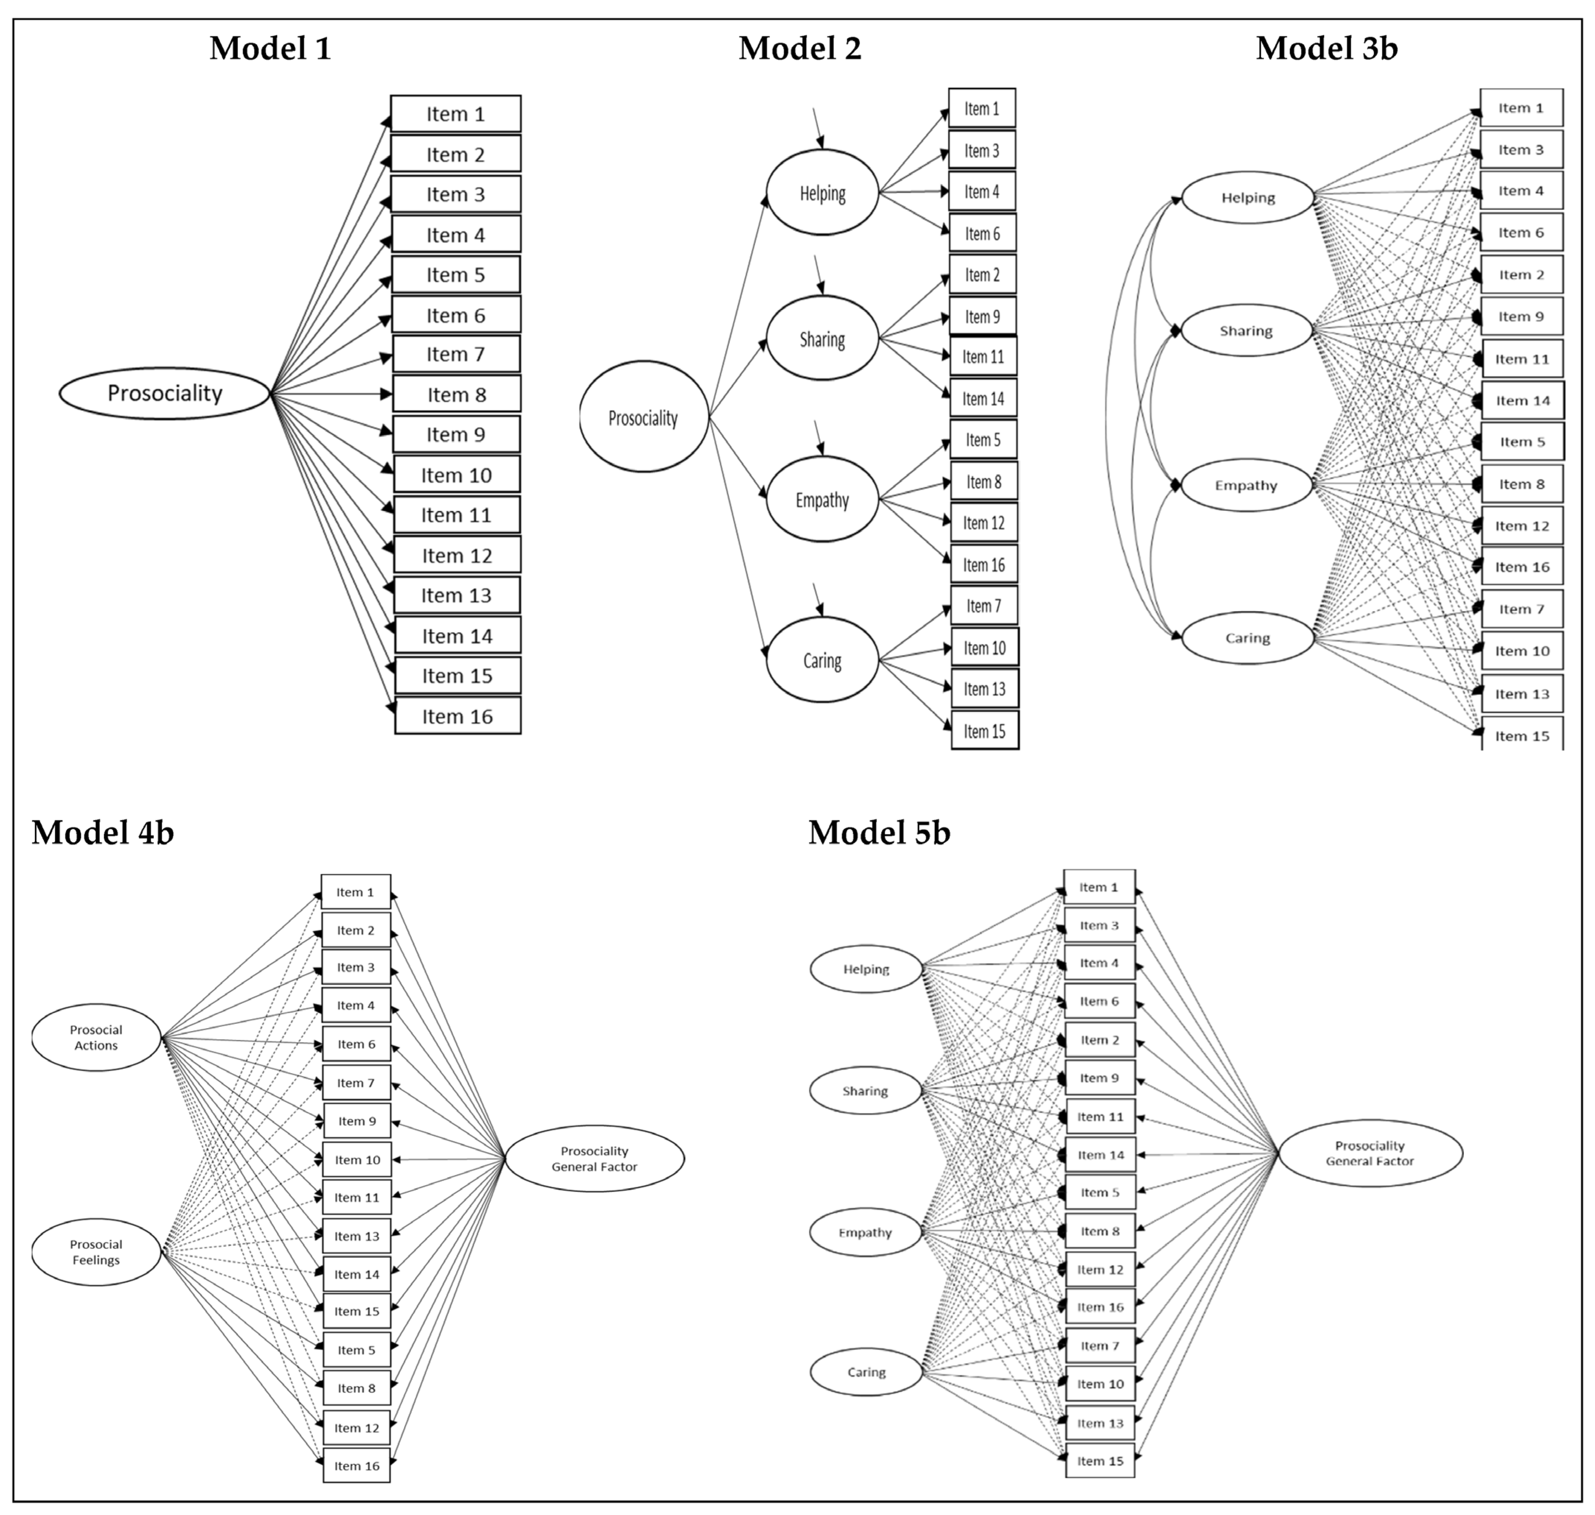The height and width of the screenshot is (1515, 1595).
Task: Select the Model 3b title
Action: pos(1326,48)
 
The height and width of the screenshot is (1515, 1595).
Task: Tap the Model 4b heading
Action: pos(103,833)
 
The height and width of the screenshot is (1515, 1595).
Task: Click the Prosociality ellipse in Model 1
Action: pos(165,393)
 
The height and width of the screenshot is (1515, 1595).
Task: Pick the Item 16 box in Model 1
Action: pos(457,716)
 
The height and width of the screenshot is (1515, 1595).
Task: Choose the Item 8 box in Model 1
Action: pos(456,395)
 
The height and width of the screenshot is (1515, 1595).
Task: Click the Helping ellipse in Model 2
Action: pos(822,193)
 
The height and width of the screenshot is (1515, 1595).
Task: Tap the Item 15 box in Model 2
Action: pos(984,731)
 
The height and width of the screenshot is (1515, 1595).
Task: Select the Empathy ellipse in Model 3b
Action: pos(1246,485)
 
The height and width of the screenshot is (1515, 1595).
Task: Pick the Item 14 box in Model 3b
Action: pos(1522,401)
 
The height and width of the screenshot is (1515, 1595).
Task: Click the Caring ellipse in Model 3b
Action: pos(1248,638)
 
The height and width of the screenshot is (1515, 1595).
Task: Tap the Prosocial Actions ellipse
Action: pos(96,1038)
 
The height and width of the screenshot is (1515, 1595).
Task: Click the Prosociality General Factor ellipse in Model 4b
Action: pos(594,1159)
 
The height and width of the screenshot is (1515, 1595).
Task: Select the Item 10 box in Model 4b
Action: pos(357,1160)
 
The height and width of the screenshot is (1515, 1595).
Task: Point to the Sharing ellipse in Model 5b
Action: pos(865,1091)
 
